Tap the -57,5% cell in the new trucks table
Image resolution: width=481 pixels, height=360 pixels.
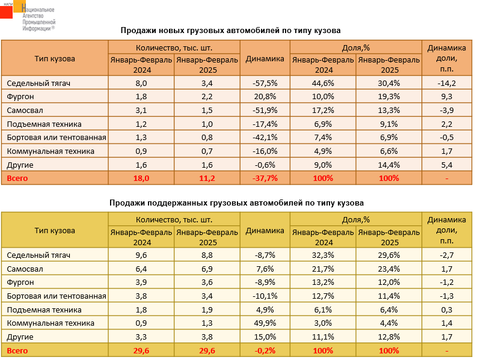(265, 83)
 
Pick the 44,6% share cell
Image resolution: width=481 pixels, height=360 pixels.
(323, 83)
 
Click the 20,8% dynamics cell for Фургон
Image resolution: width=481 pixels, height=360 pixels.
(265, 96)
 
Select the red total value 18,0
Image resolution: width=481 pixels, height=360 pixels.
(141, 178)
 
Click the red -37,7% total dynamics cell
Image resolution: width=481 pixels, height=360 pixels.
(265, 178)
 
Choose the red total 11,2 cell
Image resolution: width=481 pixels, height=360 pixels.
(207, 178)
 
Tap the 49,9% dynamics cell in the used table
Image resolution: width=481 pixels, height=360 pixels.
(265, 323)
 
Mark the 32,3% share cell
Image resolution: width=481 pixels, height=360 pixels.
(323, 255)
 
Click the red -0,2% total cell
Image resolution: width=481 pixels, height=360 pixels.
(265, 350)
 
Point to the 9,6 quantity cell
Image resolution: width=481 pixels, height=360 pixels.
(141, 255)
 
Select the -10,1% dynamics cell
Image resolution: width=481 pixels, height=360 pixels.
(265, 296)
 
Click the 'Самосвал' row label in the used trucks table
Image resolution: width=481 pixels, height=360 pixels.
(24, 269)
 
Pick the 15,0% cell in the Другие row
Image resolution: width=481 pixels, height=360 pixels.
(265, 337)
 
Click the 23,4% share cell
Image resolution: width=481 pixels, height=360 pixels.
(389, 269)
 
